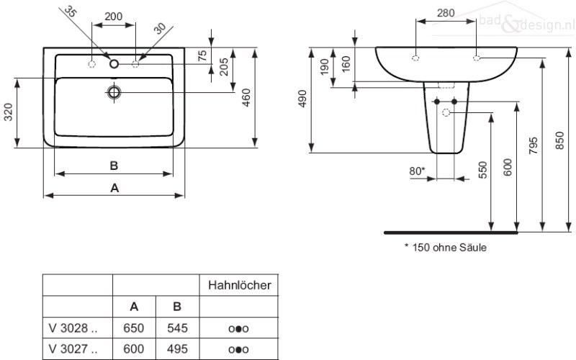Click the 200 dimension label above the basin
coord(114,17)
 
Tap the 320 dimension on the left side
coord(8,112)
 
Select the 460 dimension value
coord(246,98)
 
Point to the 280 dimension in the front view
coord(446,13)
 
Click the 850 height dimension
coord(559,140)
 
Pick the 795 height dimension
coord(534,145)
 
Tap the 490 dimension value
coord(302,99)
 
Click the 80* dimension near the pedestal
coord(417,171)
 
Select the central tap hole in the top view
coord(114,64)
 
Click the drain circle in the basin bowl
coord(114,92)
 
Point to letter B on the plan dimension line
coord(114,166)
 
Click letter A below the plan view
coord(114,188)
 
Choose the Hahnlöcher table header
coord(240,285)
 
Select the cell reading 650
coord(134,328)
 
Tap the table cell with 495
coord(177,348)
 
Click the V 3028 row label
coord(73,328)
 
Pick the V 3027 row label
coord(73,348)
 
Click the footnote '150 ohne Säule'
coord(446,247)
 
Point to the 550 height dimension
coord(483,170)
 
